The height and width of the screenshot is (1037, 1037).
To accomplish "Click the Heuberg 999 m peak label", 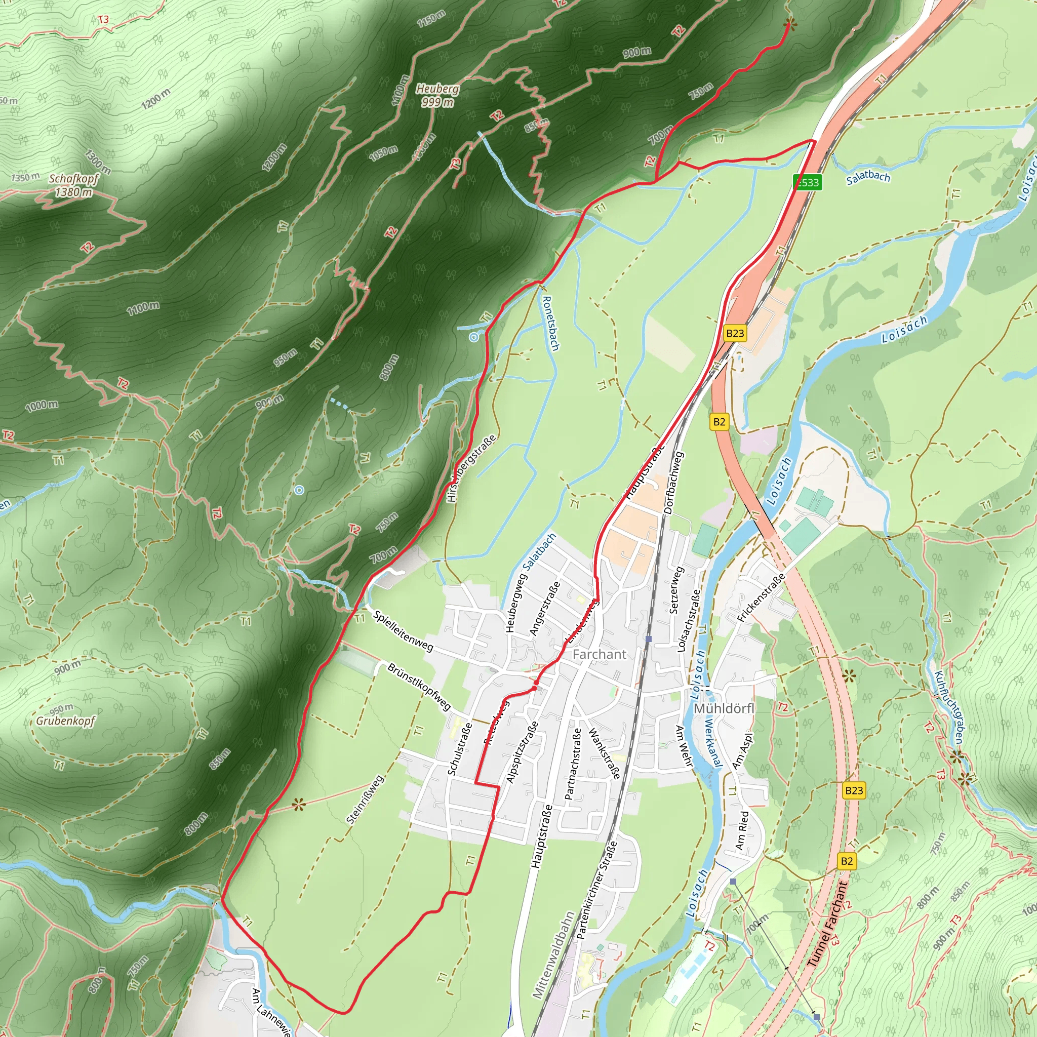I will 437,95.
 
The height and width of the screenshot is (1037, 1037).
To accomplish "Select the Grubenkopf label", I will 65,721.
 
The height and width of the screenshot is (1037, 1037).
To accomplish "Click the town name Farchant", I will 599,654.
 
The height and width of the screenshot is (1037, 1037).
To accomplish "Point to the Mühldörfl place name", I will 724,708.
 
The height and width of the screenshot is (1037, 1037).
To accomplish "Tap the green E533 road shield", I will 808,182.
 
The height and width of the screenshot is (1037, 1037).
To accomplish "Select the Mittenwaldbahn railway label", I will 553,955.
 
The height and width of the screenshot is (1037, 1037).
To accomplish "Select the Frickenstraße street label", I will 761,597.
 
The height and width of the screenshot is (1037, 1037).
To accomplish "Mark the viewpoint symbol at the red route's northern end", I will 789,24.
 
